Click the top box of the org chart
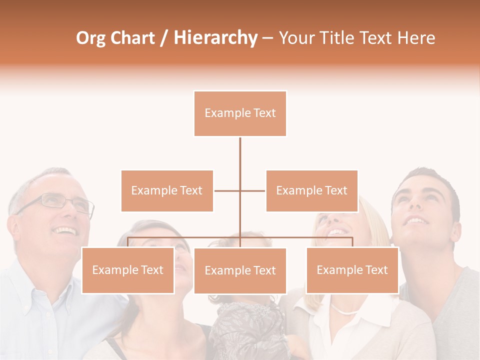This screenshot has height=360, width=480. [x=240, y=113]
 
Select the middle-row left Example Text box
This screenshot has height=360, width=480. [x=167, y=190]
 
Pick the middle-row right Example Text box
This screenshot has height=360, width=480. [x=311, y=190]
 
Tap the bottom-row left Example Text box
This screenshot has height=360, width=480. [x=127, y=270]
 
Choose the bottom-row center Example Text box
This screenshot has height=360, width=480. [x=240, y=270]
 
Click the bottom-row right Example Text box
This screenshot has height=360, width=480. [x=352, y=270]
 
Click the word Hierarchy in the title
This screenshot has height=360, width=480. [x=215, y=38]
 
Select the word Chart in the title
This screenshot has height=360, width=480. [x=134, y=38]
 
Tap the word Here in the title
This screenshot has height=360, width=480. [x=416, y=38]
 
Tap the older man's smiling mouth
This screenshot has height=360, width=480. [x=65, y=230]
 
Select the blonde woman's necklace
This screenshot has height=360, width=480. [x=345, y=310]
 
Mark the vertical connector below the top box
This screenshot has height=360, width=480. [x=240, y=160]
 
